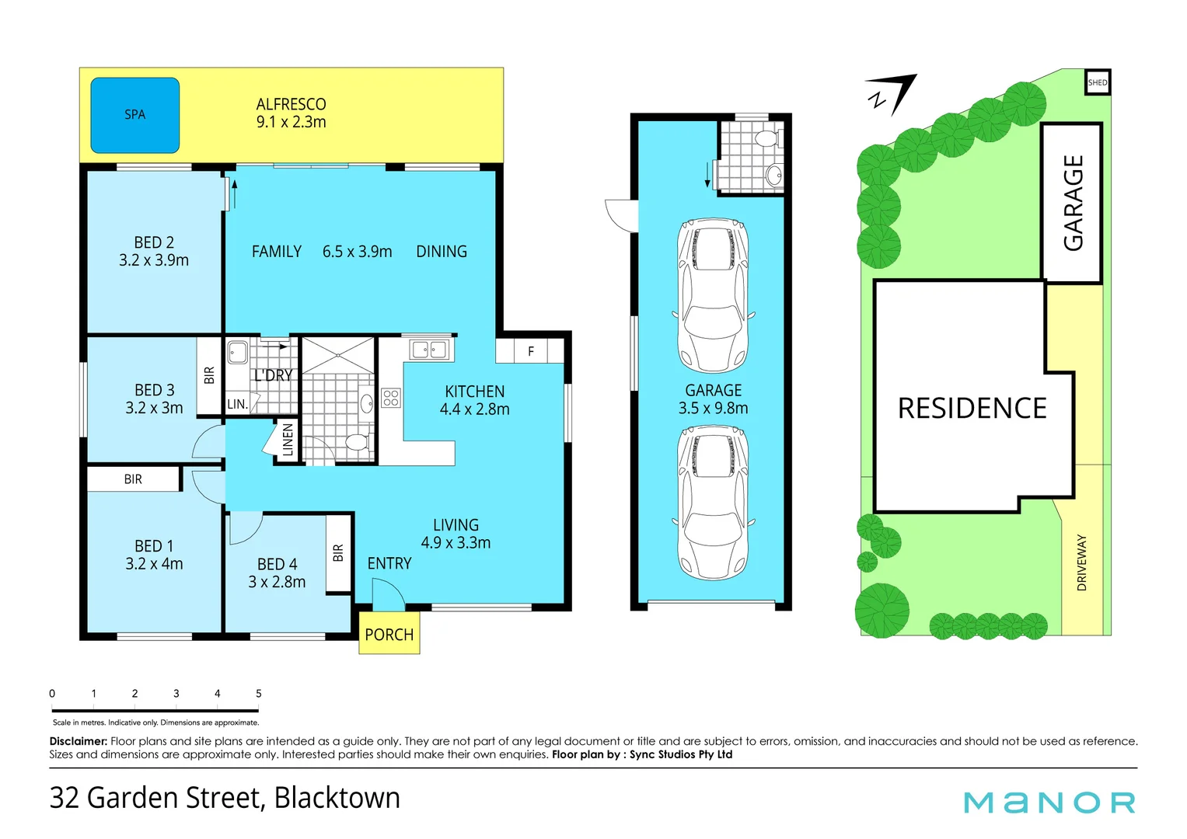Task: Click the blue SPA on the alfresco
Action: [x=135, y=115]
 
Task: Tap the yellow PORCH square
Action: [x=389, y=634]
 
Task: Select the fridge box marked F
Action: [x=531, y=351]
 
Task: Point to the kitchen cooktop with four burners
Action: [x=391, y=399]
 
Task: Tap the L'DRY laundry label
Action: [x=273, y=375]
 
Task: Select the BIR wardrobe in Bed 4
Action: [x=338, y=553]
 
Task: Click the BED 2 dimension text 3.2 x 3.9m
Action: [x=154, y=261]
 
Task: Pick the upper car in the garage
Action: [x=712, y=295]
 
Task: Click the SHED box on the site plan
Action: [x=1098, y=82]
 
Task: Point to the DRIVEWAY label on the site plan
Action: [x=1081, y=562]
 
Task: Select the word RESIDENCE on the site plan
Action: [x=972, y=409]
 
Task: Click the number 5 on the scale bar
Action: [x=259, y=694]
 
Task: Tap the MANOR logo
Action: [x=1049, y=802]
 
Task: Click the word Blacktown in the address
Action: [x=337, y=798]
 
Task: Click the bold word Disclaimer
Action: [x=79, y=741]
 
